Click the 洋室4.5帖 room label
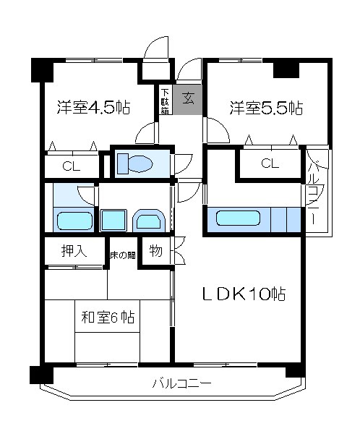click(x=93, y=107)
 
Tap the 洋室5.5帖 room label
click(x=266, y=108)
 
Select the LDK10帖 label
click(x=244, y=294)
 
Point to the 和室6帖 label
click(x=108, y=318)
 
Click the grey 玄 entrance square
click(x=188, y=99)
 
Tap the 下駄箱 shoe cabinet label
click(x=166, y=101)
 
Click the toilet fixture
click(x=135, y=164)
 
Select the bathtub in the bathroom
click(x=74, y=221)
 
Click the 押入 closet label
click(x=74, y=251)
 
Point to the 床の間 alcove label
click(x=123, y=255)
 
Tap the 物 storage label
click(x=156, y=251)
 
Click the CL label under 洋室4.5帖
click(x=72, y=166)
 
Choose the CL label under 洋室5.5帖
click(x=270, y=163)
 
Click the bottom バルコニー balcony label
click(x=182, y=383)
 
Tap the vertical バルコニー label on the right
click(x=313, y=194)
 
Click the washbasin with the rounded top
click(x=149, y=221)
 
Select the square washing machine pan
click(x=113, y=221)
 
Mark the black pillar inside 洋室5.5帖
click(x=286, y=70)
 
